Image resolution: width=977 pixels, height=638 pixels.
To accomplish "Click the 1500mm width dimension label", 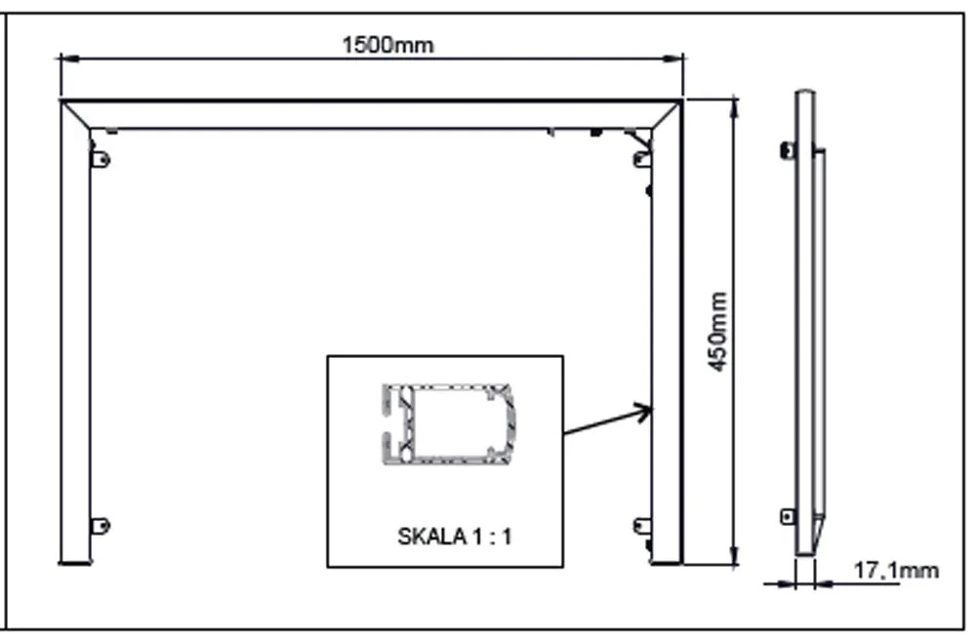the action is (387, 45).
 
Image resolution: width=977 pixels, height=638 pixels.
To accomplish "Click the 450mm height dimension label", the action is (718, 332).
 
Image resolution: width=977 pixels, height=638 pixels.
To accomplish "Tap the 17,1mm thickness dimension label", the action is (896, 570).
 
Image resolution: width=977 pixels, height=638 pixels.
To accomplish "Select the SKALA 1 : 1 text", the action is (455, 537).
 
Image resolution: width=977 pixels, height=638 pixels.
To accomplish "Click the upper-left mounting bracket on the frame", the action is (101, 159).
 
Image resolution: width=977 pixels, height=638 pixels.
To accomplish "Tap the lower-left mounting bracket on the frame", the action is (101, 525).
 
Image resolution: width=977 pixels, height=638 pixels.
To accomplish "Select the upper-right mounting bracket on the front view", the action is (642, 159).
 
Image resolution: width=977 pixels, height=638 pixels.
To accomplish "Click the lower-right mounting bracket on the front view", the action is (642, 526).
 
